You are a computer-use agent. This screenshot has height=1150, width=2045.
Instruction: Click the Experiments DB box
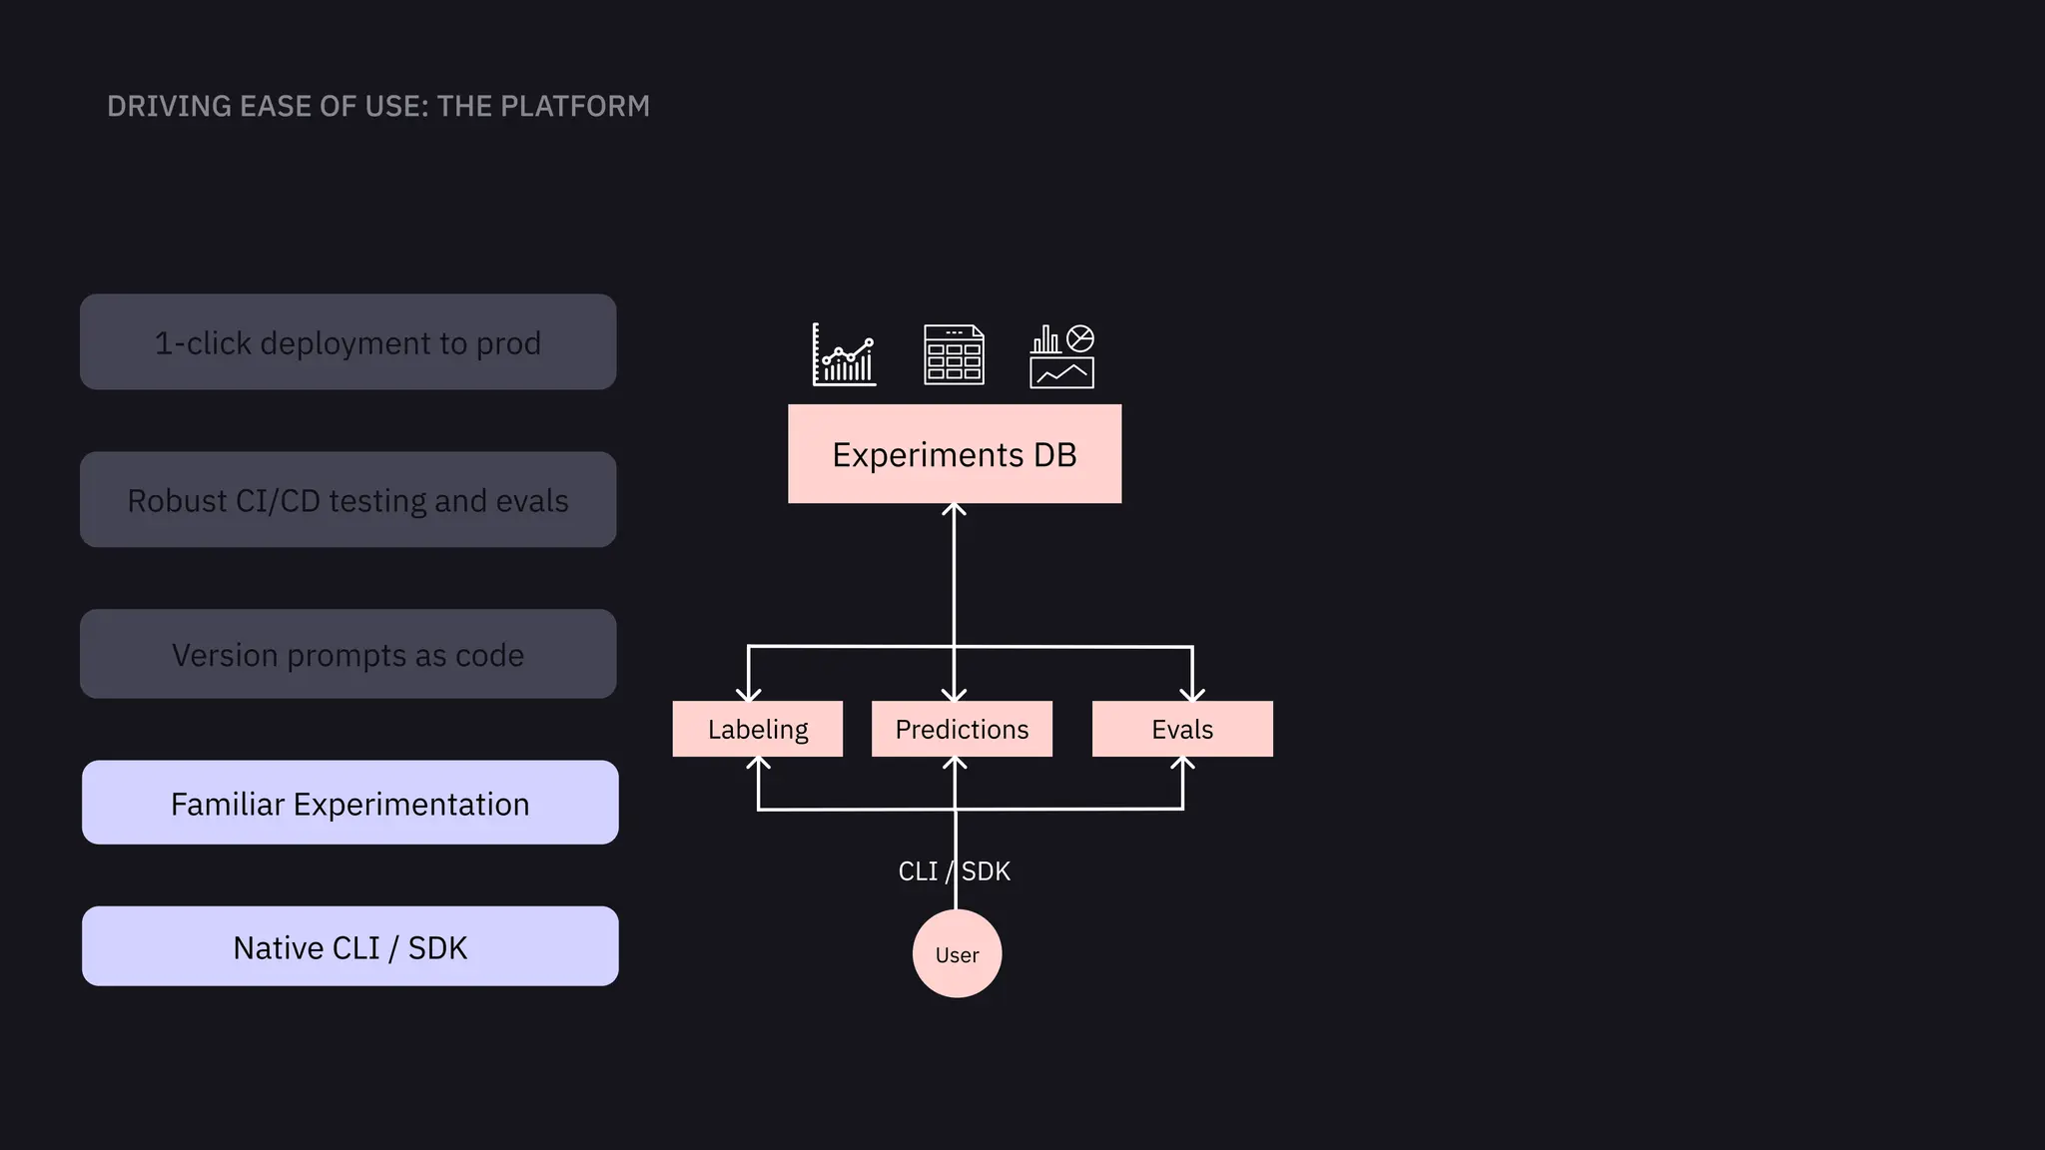point(954,454)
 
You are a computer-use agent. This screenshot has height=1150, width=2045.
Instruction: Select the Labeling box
point(757,729)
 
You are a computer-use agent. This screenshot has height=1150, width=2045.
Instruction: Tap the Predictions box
point(961,729)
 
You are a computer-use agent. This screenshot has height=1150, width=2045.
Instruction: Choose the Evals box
point(1181,729)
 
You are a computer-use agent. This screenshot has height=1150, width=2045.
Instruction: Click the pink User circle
point(957,954)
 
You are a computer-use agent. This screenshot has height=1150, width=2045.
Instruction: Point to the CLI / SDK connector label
point(954,871)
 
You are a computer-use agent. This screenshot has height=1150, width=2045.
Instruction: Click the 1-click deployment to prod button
point(347,342)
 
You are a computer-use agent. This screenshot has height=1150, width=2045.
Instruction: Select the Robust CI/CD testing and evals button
point(347,500)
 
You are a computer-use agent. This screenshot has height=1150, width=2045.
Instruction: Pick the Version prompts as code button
point(347,655)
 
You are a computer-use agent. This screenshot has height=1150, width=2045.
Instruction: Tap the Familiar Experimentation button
point(349,804)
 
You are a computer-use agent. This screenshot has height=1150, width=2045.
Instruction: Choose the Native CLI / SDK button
point(349,947)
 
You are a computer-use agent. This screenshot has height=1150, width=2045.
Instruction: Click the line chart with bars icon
point(844,355)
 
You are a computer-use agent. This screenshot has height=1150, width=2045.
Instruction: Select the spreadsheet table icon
point(954,355)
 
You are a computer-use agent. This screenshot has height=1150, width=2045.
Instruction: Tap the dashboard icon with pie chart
point(1061,356)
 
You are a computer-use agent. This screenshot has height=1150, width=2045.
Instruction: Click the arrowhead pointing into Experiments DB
point(954,510)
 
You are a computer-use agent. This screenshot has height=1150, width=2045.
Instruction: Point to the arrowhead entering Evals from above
point(1192,695)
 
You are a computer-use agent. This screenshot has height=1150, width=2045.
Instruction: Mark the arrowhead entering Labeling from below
point(759,764)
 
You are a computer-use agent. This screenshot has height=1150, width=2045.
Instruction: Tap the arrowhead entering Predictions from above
point(954,695)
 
